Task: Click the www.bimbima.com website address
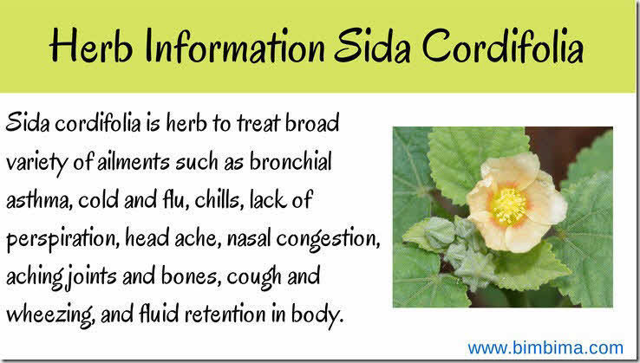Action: pyautogui.click(x=545, y=347)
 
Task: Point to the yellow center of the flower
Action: pyautogui.click(x=510, y=206)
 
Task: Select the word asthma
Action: pyautogui.click(x=37, y=200)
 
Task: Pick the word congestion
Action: pyautogui.click(x=310, y=238)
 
